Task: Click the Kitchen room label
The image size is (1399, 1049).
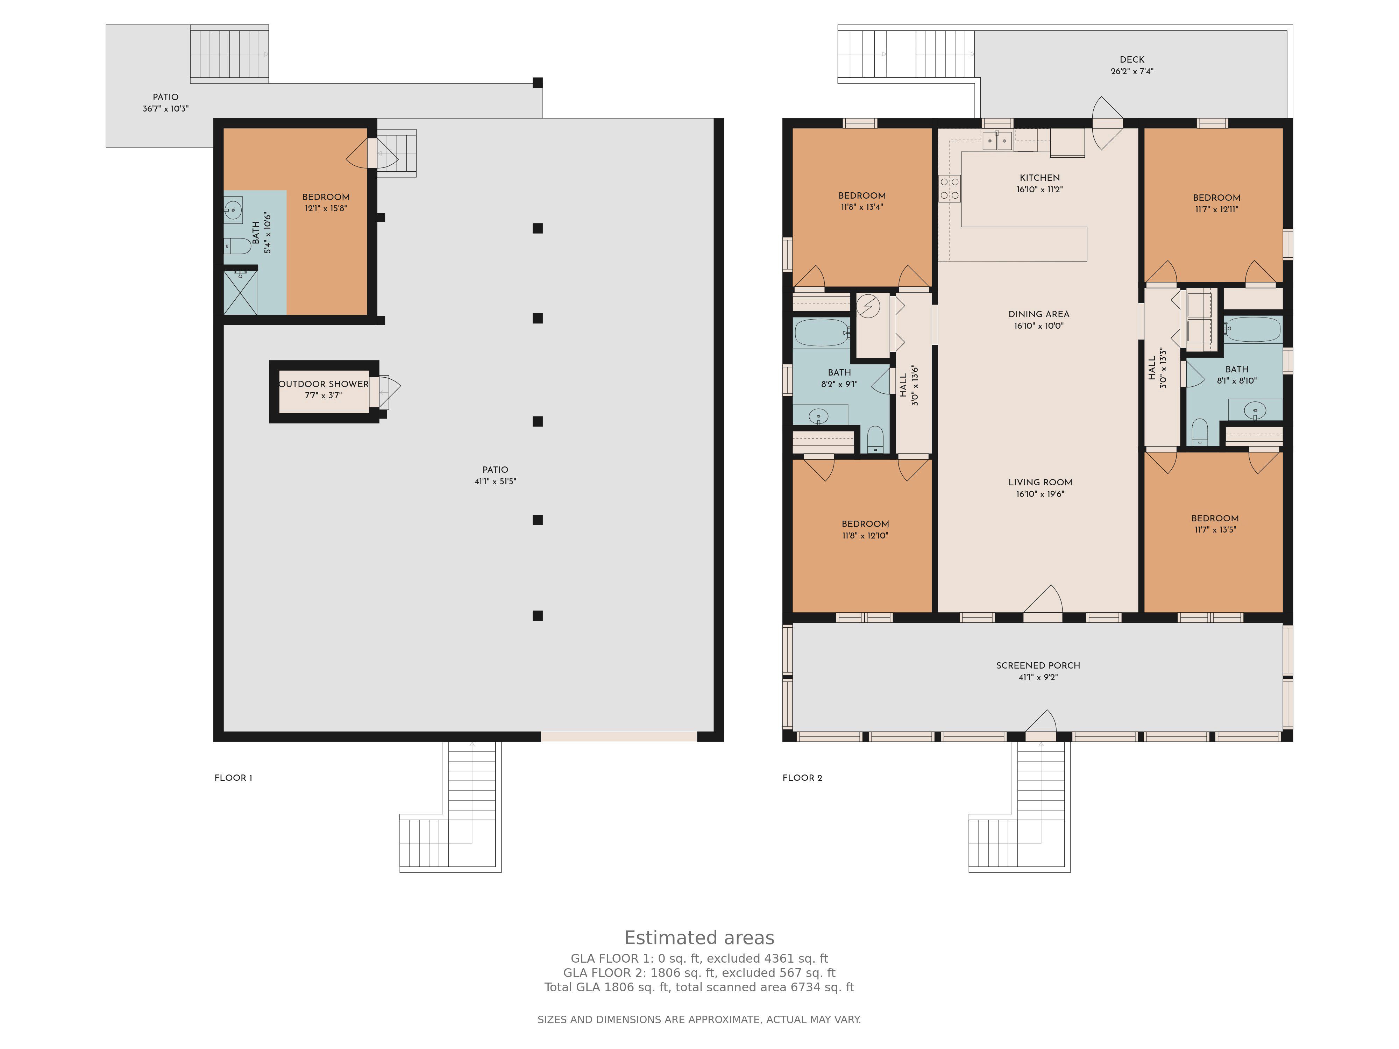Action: coord(1040,178)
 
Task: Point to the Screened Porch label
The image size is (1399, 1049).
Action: coord(1038,665)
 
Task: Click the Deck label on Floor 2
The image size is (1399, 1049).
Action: coord(1131,59)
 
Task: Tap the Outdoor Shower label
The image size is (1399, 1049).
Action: coord(323,384)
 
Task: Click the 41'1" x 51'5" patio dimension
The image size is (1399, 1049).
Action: coord(495,481)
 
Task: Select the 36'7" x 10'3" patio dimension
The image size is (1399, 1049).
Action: coord(165,109)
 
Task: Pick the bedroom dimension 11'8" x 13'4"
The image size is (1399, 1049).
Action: coord(861,207)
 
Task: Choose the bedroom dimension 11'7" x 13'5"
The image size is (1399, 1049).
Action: coord(1214,530)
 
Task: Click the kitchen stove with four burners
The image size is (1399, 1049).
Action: coord(949,188)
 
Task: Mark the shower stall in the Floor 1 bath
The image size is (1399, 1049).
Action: coord(240,292)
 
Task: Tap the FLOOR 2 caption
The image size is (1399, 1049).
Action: coord(802,778)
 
